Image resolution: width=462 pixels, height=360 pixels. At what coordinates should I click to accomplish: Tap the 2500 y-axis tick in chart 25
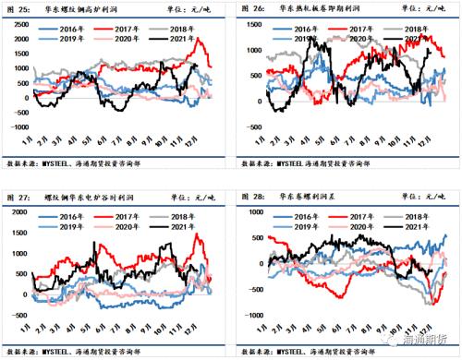pos(15,25)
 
